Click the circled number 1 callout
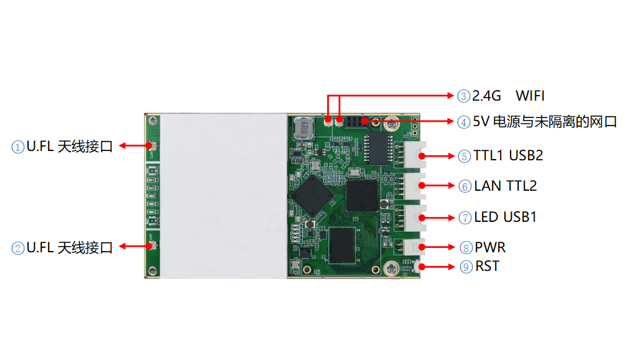coord(18,147)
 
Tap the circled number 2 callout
coord(18,248)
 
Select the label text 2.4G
coord(486,96)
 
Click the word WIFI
coord(530,96)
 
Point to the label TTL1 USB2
coord(508,156)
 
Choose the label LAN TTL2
coord(506,186)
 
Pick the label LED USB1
coord(506,217)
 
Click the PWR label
coord(490,247)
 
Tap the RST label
coord(487,266)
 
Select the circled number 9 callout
coord(466,267)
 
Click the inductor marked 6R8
coord(303,128)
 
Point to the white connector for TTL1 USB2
coord(415,155)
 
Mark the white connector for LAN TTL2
coord(415,186)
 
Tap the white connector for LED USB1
coord(415,218)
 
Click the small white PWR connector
coord(415,247)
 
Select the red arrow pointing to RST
coord(437,267)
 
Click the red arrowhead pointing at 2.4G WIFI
coord(451,96)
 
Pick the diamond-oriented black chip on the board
coord(313,196)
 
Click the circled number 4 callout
coord(464,122)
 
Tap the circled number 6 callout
coord(465,186)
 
